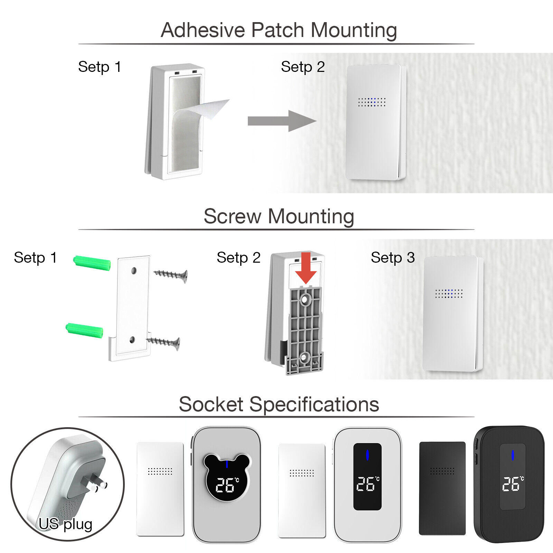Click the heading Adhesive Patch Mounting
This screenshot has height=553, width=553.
pos(279,30)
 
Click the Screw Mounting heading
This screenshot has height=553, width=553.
pos(279,216)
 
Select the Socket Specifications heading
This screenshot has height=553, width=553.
pos(279,404)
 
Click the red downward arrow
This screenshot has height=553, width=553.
pos(306,268)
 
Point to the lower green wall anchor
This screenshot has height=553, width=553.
pos(84,330)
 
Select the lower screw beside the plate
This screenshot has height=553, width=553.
pos(163,343)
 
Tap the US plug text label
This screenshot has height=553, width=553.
pos(65,524)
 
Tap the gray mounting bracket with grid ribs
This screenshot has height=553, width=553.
pos(304,330)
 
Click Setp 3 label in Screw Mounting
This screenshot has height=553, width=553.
pos(393,257)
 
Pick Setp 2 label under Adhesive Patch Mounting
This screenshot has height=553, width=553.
pos(303,67)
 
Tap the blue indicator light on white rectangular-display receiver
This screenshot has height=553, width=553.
pos(367,455)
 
